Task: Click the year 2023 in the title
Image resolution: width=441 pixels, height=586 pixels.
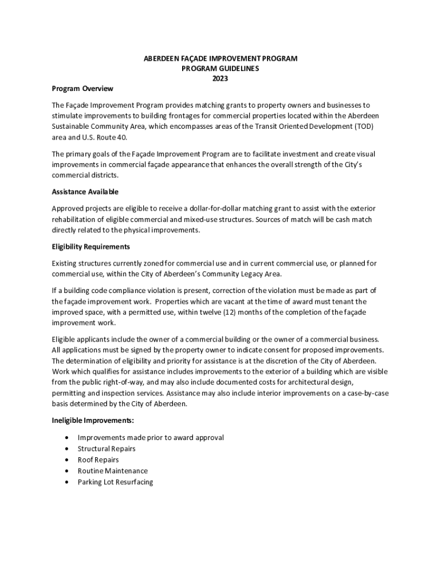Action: point(220,78)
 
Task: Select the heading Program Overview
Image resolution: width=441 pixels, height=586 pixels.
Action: point(82,89)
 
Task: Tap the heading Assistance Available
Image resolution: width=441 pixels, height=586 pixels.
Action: point(85,192)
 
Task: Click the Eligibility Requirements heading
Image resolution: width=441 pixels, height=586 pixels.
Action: point(90,247)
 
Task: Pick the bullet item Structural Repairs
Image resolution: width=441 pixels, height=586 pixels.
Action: point(107,449)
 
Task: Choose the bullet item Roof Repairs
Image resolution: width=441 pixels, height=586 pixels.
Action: point(98,460)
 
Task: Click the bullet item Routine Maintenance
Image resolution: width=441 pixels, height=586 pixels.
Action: point(112,471)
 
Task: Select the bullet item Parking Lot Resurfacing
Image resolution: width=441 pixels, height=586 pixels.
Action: point(115,482)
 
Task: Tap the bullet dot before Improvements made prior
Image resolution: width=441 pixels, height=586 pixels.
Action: point(69,438)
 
